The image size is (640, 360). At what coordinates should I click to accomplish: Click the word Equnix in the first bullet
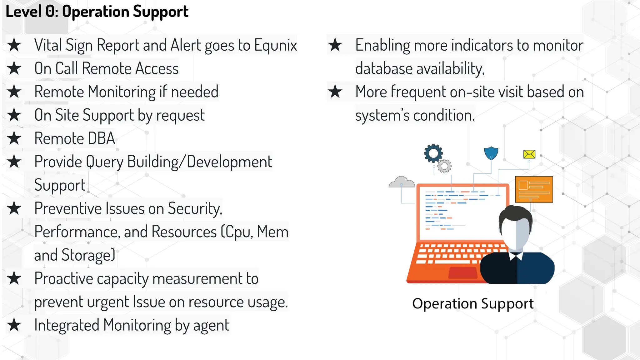[275, 45]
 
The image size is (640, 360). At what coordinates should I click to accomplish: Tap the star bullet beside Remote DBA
[14, 138]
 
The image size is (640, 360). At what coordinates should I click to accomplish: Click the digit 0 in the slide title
[50, 12]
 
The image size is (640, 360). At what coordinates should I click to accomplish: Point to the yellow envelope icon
[529, 154]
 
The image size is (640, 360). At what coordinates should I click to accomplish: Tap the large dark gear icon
[433, 153]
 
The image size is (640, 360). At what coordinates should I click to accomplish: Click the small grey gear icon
[444, 166]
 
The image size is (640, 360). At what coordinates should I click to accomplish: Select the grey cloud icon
[402, 182]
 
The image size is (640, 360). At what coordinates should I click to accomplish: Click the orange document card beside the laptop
[534, 189]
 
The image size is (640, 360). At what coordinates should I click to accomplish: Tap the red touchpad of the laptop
[462, 272]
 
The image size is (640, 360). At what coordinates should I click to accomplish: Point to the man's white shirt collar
[516, 256]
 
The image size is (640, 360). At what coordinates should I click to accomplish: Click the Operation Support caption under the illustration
[472, 303]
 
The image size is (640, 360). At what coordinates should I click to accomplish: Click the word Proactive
[63, 278]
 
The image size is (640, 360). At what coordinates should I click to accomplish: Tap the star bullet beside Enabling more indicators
[335, 45]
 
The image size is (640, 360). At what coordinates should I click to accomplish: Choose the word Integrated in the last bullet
[67, 325]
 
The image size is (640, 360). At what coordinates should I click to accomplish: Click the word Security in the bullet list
[195, 208]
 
